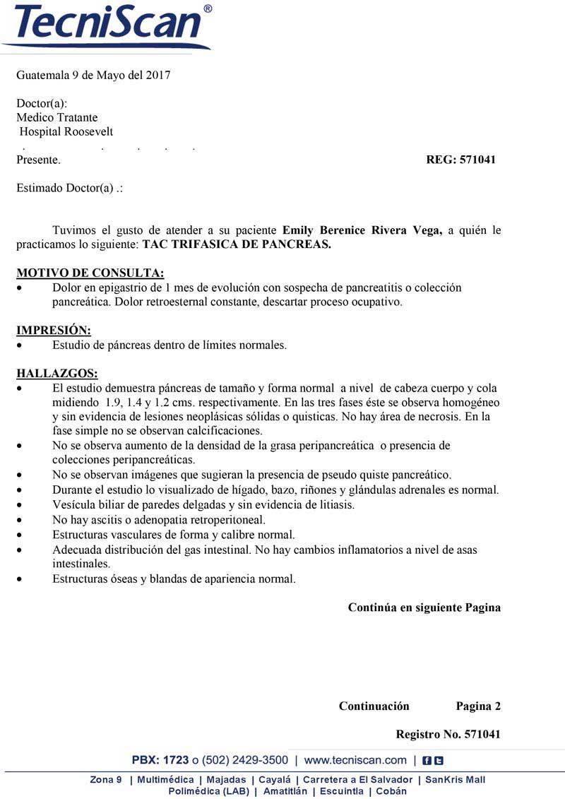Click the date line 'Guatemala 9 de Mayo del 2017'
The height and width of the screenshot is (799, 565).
tap(93, 75)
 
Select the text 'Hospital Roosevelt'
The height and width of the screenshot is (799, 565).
tap(66, 132)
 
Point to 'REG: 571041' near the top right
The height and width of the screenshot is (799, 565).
tap(460, 160)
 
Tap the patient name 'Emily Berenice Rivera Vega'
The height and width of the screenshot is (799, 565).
tap(362, 230)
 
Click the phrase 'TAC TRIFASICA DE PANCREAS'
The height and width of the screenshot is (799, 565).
tap(236, 245)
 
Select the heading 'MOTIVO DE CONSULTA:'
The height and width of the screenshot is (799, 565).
tap(90, 273)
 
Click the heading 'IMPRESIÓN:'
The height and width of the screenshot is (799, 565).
tap(54, 331)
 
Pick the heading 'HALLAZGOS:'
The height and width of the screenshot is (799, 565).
tap(57, 374)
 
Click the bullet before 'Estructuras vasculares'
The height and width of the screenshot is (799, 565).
tap(22, 535)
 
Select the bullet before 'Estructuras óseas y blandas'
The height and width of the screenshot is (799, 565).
tap(22, 579)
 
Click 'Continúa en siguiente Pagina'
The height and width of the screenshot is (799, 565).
tap(424, 608)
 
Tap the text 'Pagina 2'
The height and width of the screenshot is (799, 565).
tap(478, 706)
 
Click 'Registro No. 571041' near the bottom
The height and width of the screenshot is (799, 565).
tap(448, 735)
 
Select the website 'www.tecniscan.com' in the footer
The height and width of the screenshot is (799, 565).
tap(355, 760)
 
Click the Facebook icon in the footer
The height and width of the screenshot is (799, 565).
tap(427, 761)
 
